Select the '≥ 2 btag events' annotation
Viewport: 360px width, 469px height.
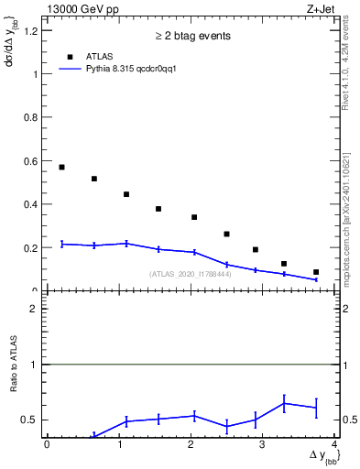click(192, 36)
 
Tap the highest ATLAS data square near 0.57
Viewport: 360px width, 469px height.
click(61, 167)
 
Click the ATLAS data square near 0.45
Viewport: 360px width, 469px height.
click(126, 194)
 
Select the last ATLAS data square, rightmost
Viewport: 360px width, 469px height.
click(316, 272)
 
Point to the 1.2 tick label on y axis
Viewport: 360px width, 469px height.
click(32, 31)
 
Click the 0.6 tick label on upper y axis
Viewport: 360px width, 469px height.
click(32, 161)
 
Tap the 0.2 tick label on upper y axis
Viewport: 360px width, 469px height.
click(32, 248)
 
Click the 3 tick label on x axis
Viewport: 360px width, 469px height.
click(263, 444)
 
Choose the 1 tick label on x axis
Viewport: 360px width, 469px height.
click(119, 444)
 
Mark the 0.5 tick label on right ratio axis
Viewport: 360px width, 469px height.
click(349, 420)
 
